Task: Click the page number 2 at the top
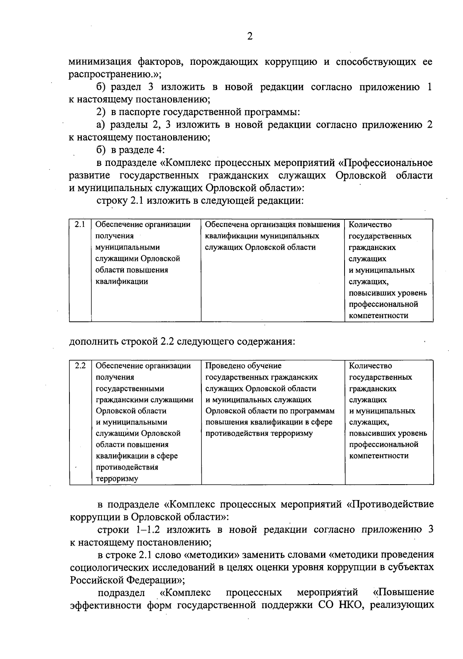[x=250, y=37]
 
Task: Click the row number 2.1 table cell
[x=80, y=225]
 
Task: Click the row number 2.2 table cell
[x=80, y=365]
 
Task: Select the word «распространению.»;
[x=115, y=74]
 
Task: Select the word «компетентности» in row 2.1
[x=379, y=316]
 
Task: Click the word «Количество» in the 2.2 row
[x=370, y=366]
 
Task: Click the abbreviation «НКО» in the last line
[x=351, y=605]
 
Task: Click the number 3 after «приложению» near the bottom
[x=430, y=529]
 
